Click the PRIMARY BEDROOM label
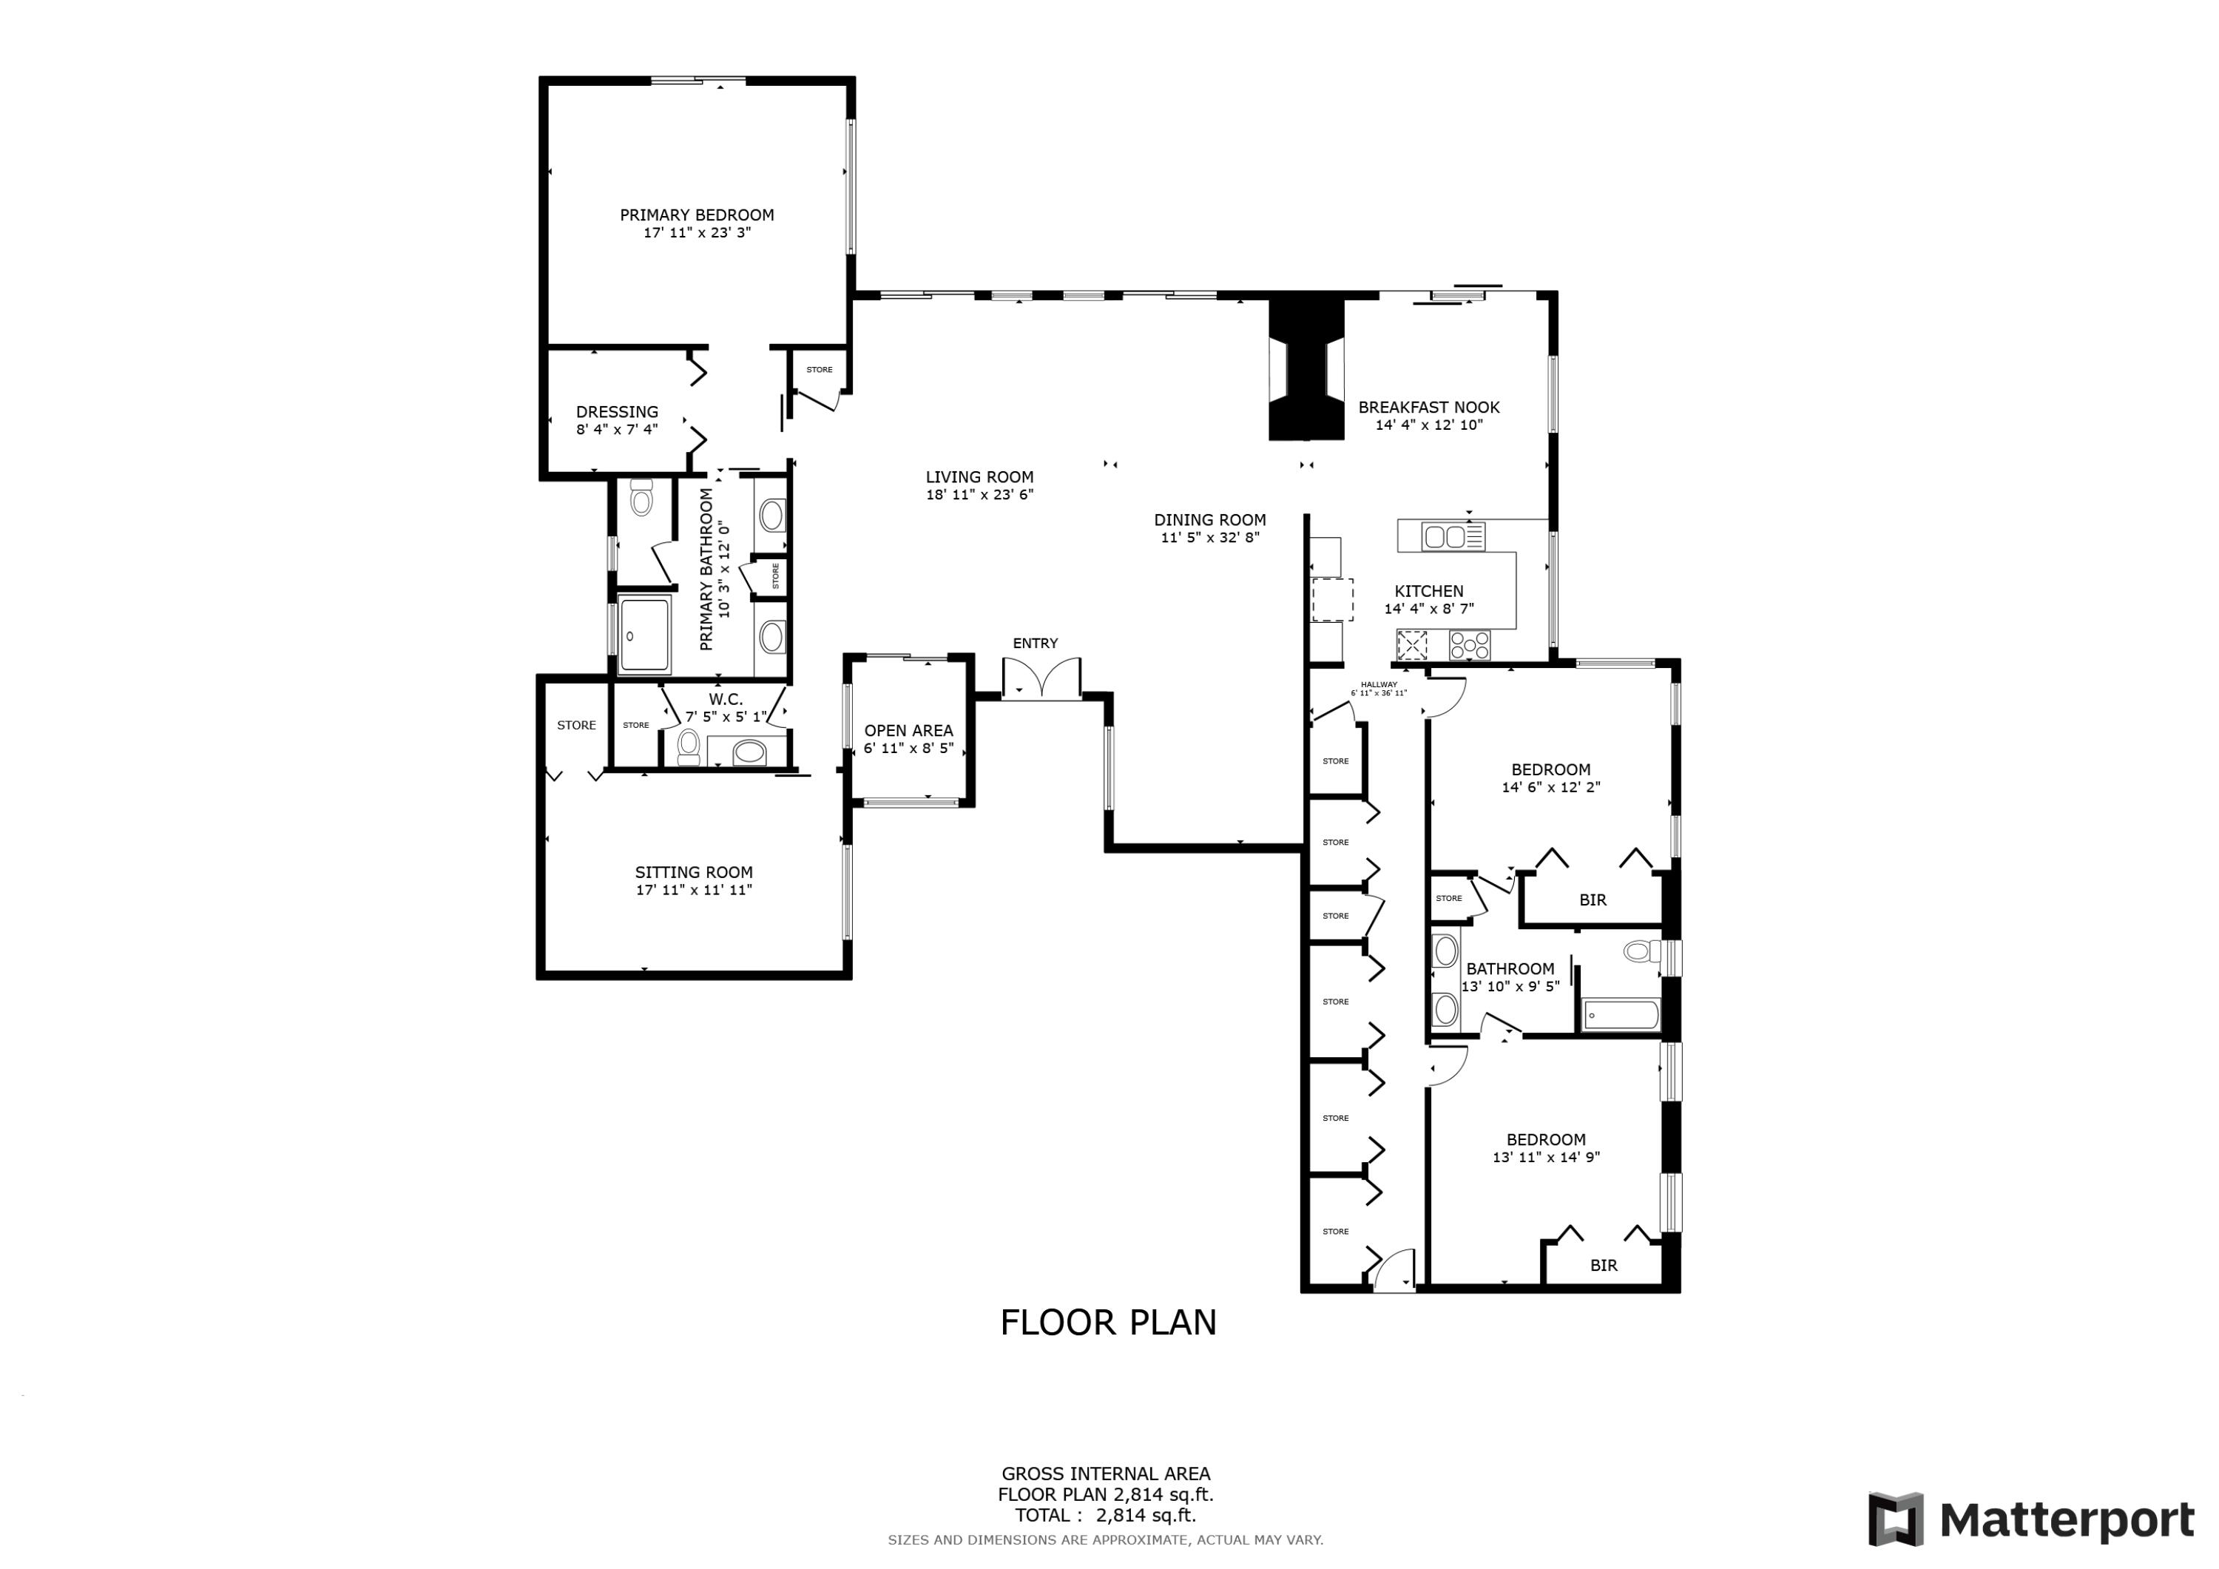(x=696, y=215)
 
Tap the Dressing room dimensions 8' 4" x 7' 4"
(x=617, y=429)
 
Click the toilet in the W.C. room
(x=688, y=746)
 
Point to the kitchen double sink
(x=1453, y=536)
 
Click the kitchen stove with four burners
(x=1469, y=645)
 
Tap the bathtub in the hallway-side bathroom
(x=1621, y=1015)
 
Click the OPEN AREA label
(x=908, y=731)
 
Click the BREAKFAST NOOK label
(x=1428, y=407)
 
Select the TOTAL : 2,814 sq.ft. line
(x=1104, y=1515)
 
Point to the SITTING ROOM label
(x=693, y=872)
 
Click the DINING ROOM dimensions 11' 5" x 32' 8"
(x=1209, y=538)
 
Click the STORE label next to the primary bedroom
(x=819, y=369)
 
